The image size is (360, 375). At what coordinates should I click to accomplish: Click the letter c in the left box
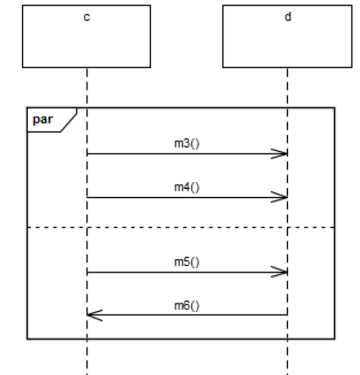pos(87,17)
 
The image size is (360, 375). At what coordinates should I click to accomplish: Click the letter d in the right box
pos(288,17)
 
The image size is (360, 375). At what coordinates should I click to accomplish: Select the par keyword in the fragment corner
pos(43,119)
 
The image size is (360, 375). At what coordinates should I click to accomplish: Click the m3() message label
pos(186,144)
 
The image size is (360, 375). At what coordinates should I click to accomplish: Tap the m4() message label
pos(186,187)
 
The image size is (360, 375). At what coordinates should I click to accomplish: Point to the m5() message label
pos(186,262)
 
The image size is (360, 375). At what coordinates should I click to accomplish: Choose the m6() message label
pos(186,306)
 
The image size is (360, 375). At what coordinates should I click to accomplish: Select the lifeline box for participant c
pos(87,36)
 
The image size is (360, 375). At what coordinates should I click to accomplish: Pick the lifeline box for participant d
pos(287,36)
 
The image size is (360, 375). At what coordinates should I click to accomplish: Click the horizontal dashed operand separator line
pos(181,227)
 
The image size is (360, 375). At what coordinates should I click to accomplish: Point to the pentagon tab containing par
pos(52,120)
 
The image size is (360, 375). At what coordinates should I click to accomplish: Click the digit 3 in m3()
pos(186,144)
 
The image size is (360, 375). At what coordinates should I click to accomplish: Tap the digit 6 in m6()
pos(186,306)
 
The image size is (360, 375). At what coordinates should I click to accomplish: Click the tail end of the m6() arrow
pos(287,315)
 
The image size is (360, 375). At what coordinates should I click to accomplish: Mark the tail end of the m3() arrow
pos(87,153)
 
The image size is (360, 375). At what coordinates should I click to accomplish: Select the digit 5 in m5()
pos(186,262)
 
